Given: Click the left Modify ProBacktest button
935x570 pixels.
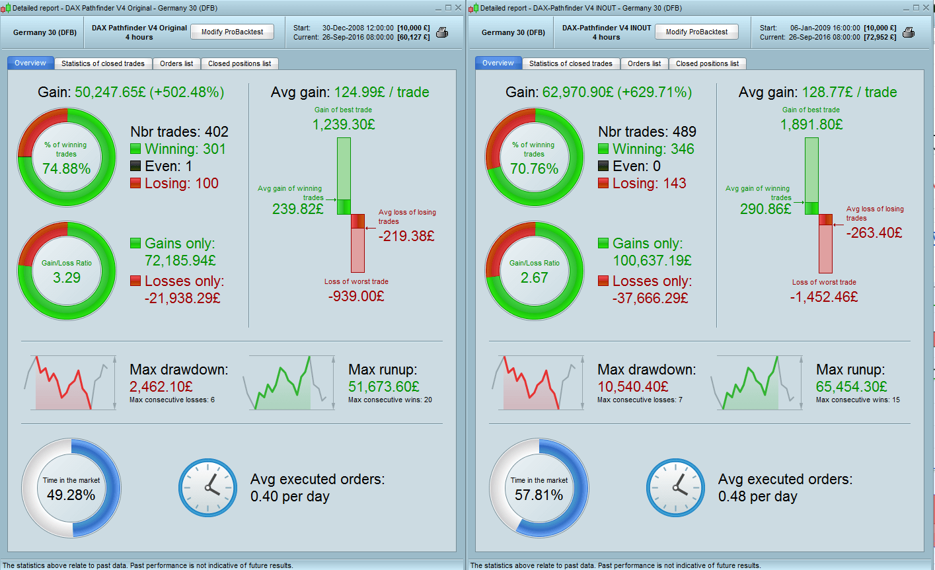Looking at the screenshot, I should [232, 32].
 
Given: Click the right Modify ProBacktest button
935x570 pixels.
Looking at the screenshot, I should [696, 32].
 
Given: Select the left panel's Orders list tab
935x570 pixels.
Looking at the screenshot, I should [176, 63].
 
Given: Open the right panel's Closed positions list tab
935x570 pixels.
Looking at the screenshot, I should [707, 63].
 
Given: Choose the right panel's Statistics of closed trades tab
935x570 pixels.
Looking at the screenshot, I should [570, 63].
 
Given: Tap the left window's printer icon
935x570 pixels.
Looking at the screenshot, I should [442, 32].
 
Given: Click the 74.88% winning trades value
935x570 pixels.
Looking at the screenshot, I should [66, 168].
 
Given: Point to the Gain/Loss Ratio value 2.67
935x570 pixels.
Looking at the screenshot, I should [534, 277].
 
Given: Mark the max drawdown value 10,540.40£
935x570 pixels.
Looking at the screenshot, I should [632, 386].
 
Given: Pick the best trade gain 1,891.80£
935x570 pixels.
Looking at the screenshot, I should [811, 124].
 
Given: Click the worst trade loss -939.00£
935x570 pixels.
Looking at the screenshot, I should [356, 296].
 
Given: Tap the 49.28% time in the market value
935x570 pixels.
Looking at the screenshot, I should [71, 495].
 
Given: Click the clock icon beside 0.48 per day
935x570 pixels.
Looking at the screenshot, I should [676, 488].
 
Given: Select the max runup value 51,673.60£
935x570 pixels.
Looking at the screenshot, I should [383, 386].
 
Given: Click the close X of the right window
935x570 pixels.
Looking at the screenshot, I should [926, 8].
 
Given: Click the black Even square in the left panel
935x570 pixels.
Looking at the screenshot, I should [135, 166].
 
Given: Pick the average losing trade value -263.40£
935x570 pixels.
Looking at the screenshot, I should [874, 232].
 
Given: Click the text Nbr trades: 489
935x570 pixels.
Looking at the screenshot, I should [647, 132].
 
